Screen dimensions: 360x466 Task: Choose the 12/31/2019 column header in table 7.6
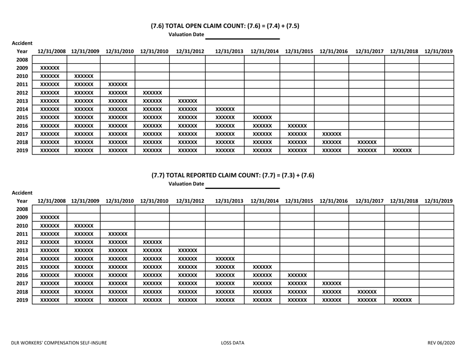pos(439,51)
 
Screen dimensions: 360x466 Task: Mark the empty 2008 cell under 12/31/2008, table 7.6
pos(49,60)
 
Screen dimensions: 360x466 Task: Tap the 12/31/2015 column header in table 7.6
pos(296,51)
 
